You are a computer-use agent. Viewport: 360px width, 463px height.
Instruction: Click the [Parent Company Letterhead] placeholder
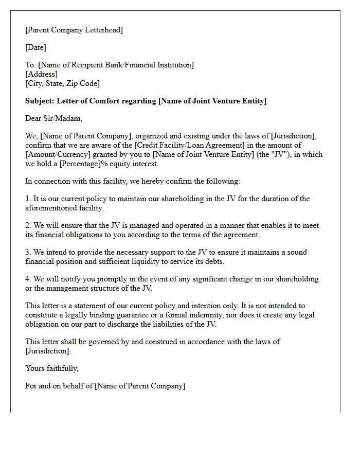(74, 30)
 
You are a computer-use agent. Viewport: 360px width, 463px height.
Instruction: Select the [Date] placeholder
(35, 47)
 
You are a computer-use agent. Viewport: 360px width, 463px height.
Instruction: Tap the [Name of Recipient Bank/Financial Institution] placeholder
(116, 65)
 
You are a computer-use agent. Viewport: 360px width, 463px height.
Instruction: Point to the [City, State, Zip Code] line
(62, 83)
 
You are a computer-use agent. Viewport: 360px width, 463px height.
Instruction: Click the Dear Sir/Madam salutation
(53, 118)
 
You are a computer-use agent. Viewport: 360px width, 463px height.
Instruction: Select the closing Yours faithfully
(52, 368)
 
